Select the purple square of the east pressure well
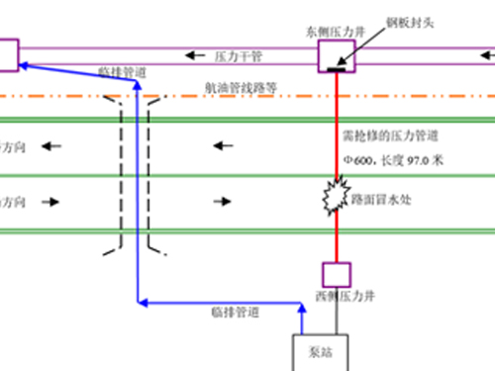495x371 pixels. [337, 55]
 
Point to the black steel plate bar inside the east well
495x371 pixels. [337, 68]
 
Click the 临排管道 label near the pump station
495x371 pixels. [235, 314]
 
